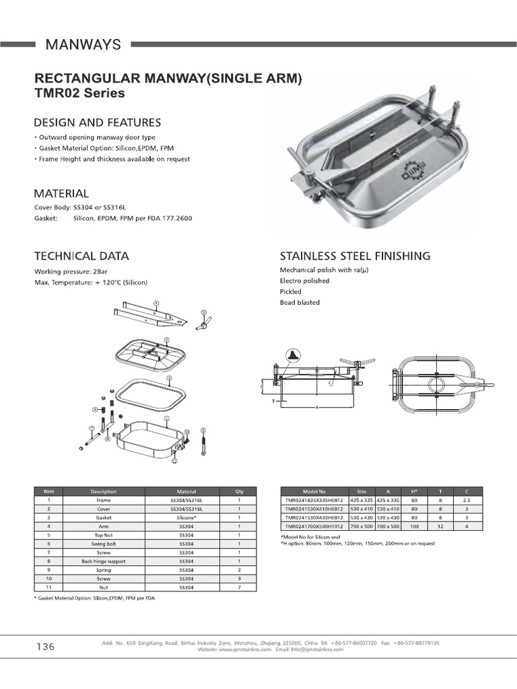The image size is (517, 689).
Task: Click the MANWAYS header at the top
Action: coord(83,44)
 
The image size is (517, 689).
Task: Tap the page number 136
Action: coord(45,647)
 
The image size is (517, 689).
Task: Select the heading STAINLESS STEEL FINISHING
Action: coord(355,256)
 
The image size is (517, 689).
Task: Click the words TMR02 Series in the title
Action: coord(79,94)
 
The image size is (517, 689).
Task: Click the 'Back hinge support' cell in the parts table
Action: coord(104,560)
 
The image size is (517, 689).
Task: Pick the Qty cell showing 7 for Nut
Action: coord(240,587)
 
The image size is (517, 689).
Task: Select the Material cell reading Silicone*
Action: coord(186,518)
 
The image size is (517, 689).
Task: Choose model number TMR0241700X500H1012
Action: coord(314,527)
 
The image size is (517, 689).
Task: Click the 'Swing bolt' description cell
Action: coord(104,543)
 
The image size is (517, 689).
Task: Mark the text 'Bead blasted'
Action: coord(300,303)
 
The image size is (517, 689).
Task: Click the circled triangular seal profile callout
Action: coord(293,355)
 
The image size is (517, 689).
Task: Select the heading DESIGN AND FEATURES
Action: coord(97,122)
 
